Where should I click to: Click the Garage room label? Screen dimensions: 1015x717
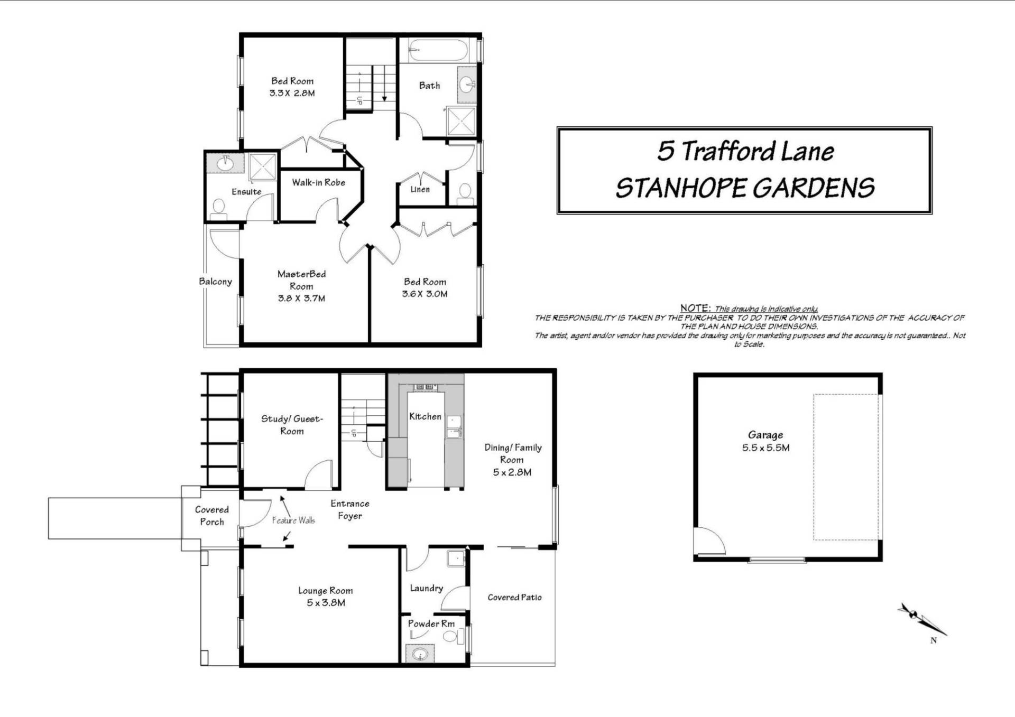pyautogui.click(x=765, y=435)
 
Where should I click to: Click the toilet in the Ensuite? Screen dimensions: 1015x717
pyautogui.click(x=218, y=209)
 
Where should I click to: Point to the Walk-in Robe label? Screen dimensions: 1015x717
pyautogui.click(x=318, y=182)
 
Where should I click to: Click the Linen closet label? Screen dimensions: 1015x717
pyautogui.click(x=420, y=189)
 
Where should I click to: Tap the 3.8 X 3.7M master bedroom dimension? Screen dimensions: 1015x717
pyautogui.click(x=301, y=298)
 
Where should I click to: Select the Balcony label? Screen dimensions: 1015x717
pyautogui.click(x=215, y=281)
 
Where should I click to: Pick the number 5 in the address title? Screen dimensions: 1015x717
pyautogui.click(x=665, y=151)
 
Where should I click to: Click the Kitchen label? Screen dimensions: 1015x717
pyautogui.click(x=425, y=416)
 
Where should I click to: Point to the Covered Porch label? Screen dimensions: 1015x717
pyautogui.click(x=211, y=516)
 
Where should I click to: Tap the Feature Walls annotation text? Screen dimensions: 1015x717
pyautogui.click(x=293, y=520)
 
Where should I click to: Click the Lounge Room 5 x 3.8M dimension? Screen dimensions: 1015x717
pyautogui.click(x=326, y=603)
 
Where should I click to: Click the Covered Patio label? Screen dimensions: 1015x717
pyautogui.click(x=514, y=597)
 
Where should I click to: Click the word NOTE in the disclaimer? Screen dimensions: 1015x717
pyautogui.click(x=695, y=308)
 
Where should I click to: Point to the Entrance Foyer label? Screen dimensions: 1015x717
pyautogui.click(x=350, y=510)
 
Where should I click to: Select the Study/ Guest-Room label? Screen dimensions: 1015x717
pyautogui.click(x=292, y=425)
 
